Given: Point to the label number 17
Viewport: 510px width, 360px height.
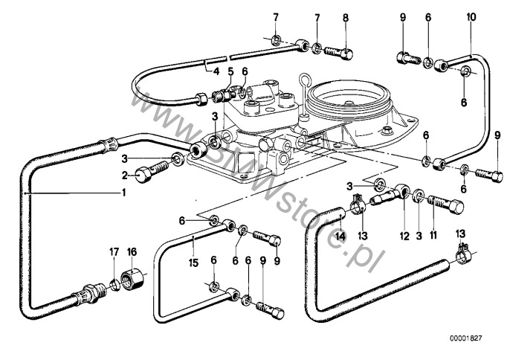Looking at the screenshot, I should (114, 251).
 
